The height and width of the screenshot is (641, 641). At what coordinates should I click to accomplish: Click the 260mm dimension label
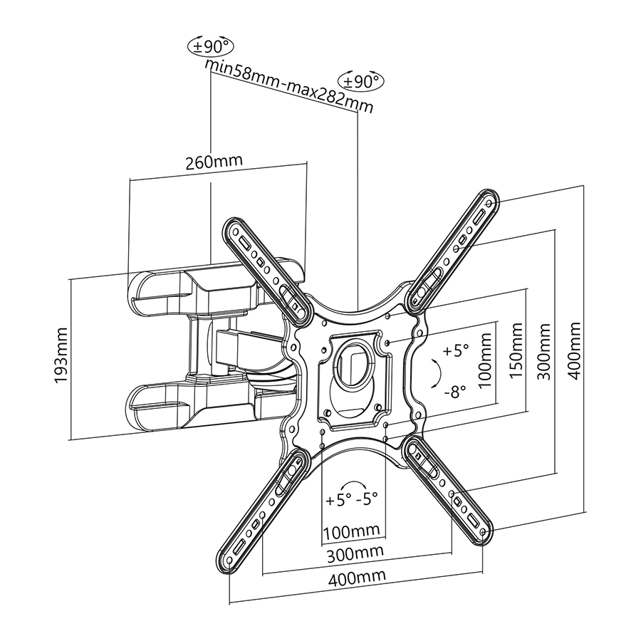click(214, 161)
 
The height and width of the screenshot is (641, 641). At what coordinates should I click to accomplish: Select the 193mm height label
click(61, 355)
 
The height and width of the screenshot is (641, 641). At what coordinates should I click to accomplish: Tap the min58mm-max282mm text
click(288, 86)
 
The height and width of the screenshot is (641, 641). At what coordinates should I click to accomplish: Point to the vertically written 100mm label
click(485, 360)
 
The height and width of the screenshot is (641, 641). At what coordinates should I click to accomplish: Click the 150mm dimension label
click(516, 350)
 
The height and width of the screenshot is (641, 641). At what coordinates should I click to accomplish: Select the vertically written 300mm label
click(543, 352)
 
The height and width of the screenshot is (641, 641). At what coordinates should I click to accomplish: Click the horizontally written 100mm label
click(352, 531)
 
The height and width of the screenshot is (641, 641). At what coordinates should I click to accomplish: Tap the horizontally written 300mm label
click(355, 553)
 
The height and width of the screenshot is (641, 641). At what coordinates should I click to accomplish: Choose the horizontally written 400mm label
click(357, 577)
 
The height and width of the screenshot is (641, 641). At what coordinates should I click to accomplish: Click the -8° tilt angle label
click(455, 392)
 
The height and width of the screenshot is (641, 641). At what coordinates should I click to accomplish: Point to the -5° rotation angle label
click(367, 499)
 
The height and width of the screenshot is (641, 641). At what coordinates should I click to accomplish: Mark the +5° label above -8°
click(456, 350)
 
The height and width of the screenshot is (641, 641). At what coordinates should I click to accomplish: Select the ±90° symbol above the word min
click(211, 46)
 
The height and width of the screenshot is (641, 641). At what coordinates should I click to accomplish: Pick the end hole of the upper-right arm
click(489, 202)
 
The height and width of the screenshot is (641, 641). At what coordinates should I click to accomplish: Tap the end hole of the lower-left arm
click(229, 559)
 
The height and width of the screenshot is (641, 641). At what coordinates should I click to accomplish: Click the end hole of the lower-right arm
click(483, 532)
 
